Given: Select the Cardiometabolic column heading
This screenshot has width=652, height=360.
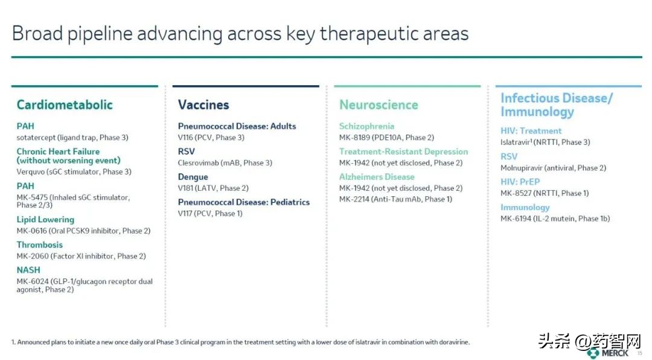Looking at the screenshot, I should [65, 104].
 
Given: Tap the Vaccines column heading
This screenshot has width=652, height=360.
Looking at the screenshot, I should [203, 104].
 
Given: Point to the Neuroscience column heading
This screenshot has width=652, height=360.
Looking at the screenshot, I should [379, 104].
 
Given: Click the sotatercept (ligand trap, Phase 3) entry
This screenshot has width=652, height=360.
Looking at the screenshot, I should [72, 138].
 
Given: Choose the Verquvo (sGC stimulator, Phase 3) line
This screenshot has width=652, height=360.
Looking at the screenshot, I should [74, 172].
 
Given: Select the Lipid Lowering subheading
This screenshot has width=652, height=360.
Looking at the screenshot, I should [45, 220].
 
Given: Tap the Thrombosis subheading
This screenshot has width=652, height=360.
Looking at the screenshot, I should [39, 245].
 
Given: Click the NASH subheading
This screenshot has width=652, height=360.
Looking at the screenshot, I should [29, 270].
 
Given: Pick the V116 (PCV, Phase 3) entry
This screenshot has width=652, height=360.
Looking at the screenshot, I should [211, 138].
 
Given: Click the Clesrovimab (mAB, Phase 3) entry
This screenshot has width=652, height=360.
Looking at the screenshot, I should [225, 163].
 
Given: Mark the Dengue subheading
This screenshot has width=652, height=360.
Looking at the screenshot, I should [193, 177].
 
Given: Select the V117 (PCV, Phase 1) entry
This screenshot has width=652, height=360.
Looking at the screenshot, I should [210, 213].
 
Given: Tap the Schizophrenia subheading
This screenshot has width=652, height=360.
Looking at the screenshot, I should [366, 126].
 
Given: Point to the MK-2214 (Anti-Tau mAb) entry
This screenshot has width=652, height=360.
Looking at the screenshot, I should [395, 199].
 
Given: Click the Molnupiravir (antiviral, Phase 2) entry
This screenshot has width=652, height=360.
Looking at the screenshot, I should [553, 168].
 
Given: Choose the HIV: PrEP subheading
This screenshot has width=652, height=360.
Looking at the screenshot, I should [520, 182].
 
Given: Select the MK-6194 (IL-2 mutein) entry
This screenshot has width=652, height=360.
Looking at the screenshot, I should [555, 219].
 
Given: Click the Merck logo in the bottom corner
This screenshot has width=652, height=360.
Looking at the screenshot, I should [608, 353].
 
